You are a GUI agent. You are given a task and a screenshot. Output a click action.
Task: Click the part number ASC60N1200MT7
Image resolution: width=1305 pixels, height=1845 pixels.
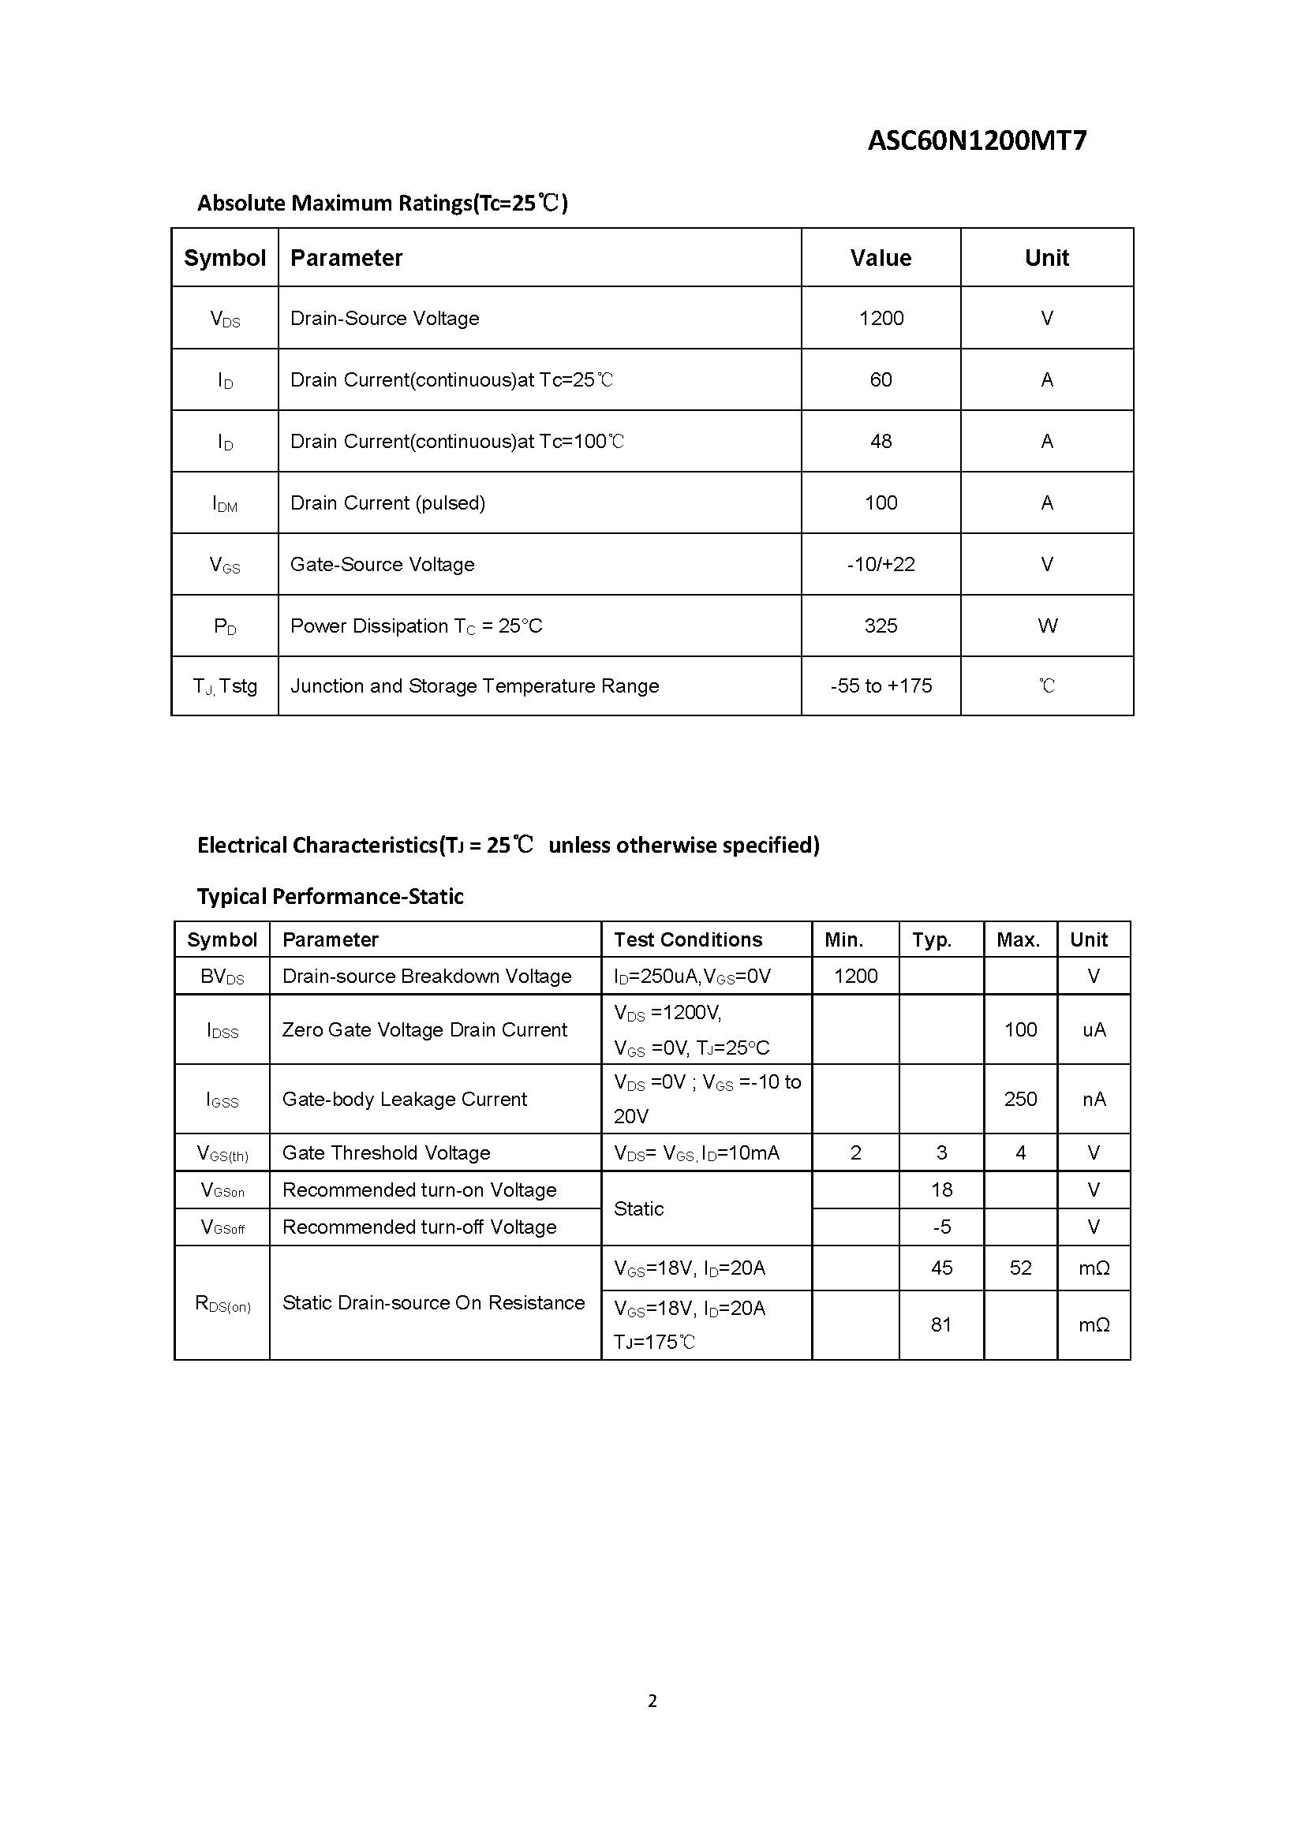coord(976,140)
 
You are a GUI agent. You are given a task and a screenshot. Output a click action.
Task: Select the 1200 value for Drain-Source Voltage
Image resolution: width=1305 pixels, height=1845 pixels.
coord(881,318)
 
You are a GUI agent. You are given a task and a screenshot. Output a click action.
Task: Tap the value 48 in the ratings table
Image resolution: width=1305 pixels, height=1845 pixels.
coord(881,441)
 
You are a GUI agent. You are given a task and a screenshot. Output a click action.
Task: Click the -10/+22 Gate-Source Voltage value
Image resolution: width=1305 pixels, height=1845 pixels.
coord(881,564)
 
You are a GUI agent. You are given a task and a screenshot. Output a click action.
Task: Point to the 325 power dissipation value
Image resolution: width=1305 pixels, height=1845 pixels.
coord(881,626)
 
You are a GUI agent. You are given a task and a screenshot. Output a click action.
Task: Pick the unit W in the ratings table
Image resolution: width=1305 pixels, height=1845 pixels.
coord(1047,626)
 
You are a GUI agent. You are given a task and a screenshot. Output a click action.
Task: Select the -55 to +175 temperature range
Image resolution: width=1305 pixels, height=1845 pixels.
coord(881,686)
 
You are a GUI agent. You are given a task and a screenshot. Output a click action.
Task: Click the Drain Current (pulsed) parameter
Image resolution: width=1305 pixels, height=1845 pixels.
coord(387,503)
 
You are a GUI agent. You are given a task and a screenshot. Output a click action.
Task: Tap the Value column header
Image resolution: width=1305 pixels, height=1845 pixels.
coord(881,258)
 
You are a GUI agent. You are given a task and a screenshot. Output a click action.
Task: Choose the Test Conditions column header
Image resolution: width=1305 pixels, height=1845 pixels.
coord(688,939)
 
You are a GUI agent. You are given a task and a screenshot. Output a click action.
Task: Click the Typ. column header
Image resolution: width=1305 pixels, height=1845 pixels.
coord(931,939)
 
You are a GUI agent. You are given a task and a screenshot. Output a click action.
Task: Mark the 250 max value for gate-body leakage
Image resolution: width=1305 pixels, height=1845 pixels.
coord(1019,1099)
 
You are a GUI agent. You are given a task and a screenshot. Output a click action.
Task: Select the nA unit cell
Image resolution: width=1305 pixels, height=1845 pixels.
coord(1094,1099)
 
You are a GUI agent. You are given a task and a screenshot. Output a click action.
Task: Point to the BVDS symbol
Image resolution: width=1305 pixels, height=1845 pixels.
coord(222,977)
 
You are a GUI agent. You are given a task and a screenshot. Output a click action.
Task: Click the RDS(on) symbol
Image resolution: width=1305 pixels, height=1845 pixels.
coord(222,1303)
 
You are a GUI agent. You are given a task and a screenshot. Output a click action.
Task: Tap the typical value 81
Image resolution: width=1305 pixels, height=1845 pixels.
coord(941,1324)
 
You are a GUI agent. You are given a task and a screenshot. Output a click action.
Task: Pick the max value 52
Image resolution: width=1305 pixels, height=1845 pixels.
coord(1019,1268)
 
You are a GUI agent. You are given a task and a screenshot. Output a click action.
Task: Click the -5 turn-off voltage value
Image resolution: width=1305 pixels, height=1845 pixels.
coord(941,1227)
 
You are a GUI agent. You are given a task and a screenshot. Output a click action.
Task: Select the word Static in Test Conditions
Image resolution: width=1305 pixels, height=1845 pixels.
coord(639,1208)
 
